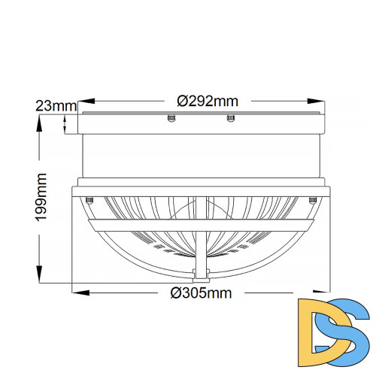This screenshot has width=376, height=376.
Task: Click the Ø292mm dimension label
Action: (x=208, y=102)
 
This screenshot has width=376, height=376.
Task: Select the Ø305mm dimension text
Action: (x=201, y=293)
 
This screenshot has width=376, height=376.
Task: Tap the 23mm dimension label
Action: (x=56, y=106)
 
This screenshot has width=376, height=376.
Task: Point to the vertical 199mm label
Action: (x=41, y=197)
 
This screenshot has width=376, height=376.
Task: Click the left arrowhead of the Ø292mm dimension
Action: (x=86, y=101)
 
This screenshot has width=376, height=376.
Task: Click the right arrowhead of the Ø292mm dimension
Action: (x=316, y=101)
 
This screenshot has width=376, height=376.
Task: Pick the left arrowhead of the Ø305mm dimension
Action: (x=80, y=293)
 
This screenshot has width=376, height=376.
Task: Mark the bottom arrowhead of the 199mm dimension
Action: (x=39, y=274)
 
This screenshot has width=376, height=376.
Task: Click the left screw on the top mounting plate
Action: (x=171, y=118)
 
